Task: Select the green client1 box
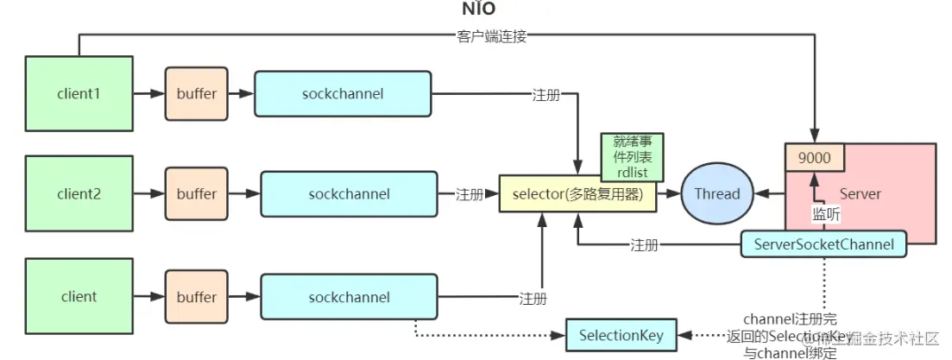coord(79,93)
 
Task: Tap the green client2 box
coord(79,194)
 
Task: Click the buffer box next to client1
coord(197,93)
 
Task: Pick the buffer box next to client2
coord(197,194)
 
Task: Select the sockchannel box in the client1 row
coord(343,93)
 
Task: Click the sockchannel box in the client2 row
coord(349,194)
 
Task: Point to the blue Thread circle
coord(718,194)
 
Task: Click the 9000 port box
coord(814,157)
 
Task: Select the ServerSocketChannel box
coord(823,245)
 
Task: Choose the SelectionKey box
coord(621,335)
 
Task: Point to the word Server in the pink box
coord(860,194)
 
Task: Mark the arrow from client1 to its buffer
coord(148,93)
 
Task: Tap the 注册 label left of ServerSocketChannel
coord(644,245)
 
